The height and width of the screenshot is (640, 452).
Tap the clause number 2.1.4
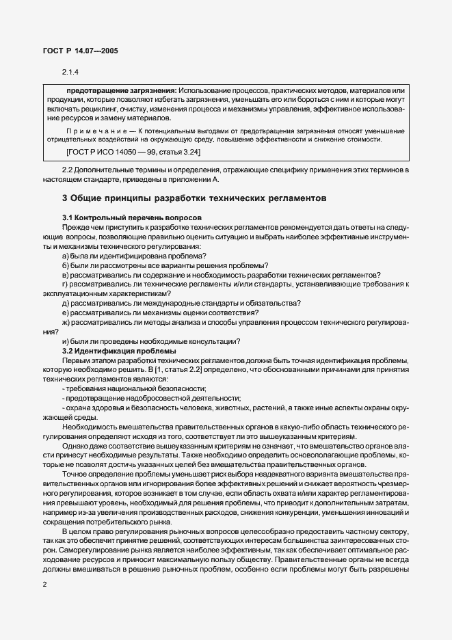point(70,72)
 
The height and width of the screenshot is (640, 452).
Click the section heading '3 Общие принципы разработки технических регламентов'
point(194,198)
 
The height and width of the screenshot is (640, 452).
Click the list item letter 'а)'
point(66,256)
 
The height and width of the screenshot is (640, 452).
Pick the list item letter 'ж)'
point(66,322)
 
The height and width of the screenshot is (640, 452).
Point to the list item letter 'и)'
point(66,341)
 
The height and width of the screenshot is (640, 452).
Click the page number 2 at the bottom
point(44,585)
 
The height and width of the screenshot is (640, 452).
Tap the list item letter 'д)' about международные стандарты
point(66,303)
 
